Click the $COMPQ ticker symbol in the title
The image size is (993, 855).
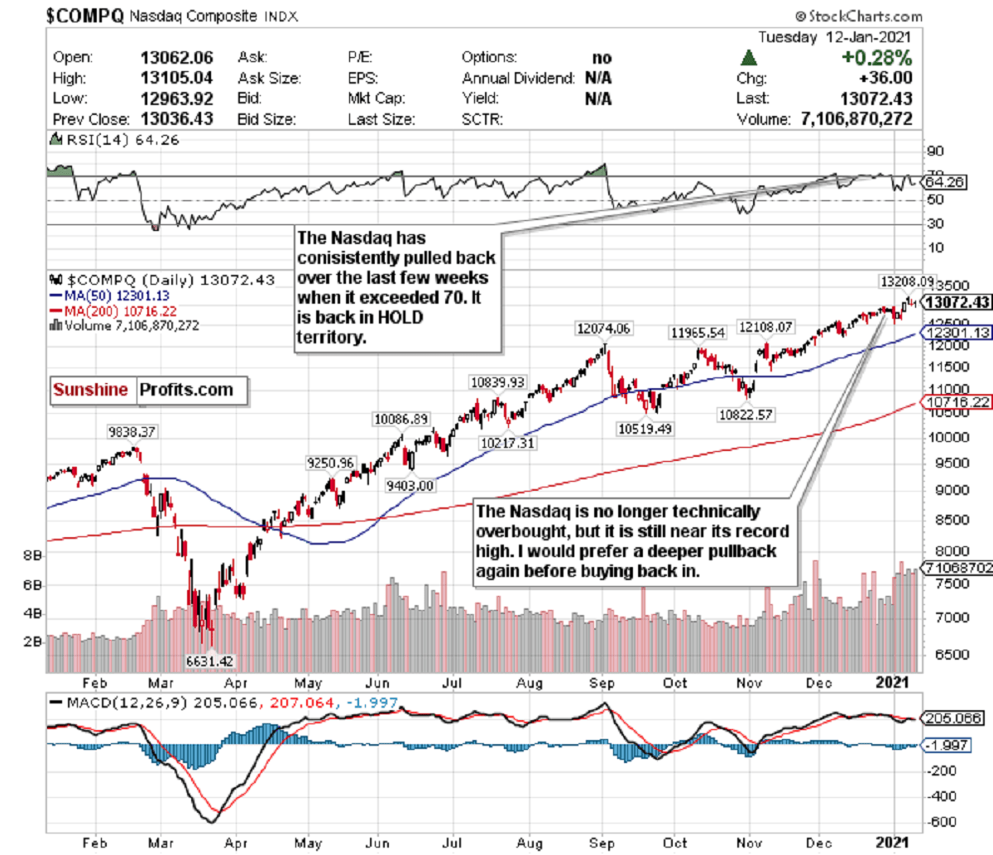pyautogui.click(x=84, y=15)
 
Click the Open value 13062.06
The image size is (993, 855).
pyautogui.click(x=176, y=58)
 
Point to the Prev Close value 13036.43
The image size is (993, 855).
pyautogui.click(x=176, y=119)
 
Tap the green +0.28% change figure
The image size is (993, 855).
pyautogui.click(x=875, y=58)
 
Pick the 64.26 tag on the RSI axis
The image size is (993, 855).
pyautogui.click(x=944, y=181)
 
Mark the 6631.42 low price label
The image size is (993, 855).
pyautogui.click(x=209, y=661)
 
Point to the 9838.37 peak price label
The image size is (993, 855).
pyautogui.click(x=132, y=432)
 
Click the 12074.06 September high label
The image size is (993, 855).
pyautogui.click(x=603, y=329)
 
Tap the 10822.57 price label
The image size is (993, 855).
pyautogui.click(x=746, y=414)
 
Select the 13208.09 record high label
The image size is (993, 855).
pyautogui.click(x=907, y=282)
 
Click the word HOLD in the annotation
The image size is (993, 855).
pyautogui.click(x=399, y=318)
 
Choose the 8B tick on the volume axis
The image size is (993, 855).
pyautogui.click(x=32, y=556)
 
